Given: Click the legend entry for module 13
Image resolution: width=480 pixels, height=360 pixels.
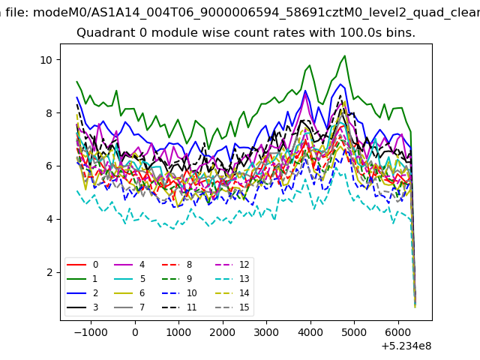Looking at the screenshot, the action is [233, 279].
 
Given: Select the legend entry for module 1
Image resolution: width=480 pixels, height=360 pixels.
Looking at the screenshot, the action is [82, 279].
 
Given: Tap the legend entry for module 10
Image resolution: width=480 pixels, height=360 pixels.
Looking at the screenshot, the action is [179, 293].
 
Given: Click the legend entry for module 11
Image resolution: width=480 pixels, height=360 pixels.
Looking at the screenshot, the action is [179, 307].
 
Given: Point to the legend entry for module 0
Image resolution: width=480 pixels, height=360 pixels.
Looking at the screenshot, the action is [82, 265].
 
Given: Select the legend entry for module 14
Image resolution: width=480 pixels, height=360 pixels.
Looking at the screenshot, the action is [233, 293].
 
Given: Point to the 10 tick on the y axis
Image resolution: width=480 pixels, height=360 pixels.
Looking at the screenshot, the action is [60, 60].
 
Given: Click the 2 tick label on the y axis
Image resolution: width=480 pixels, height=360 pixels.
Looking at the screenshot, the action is [49, 272].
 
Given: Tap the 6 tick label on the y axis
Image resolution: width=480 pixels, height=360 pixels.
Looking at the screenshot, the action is [49, 166].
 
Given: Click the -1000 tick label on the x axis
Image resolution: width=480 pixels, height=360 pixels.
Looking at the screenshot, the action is [91, 332].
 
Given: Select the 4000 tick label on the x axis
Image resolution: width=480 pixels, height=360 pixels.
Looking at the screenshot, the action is [310, 332].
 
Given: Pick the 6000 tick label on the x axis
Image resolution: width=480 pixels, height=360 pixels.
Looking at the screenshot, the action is [398, 332].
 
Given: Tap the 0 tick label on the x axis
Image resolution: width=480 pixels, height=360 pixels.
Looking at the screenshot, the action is [135, 332].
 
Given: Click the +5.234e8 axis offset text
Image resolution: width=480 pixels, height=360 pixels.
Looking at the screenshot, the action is [406, 346].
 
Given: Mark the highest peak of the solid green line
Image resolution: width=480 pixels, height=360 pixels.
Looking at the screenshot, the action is [345, 55].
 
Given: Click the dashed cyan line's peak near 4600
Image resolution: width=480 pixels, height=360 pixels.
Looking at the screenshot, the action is [337, 168].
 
